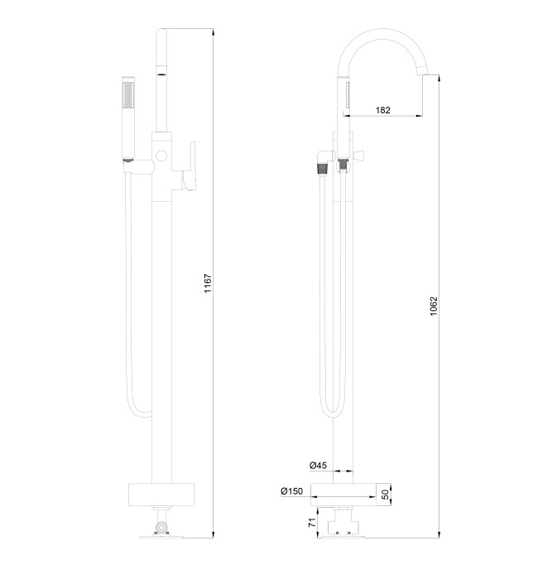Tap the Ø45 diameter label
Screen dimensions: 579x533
[319, 466]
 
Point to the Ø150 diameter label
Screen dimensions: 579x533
[291, 492]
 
